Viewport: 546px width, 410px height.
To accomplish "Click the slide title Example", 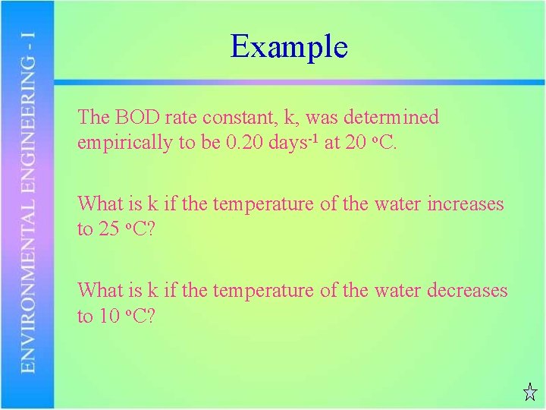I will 289,47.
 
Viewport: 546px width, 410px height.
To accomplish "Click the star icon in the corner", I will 530,393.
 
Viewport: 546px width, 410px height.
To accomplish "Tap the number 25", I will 109,229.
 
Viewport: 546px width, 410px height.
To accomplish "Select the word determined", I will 391,118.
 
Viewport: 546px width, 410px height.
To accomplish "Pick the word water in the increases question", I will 397,204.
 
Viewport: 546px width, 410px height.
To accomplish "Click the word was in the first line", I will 322,118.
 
